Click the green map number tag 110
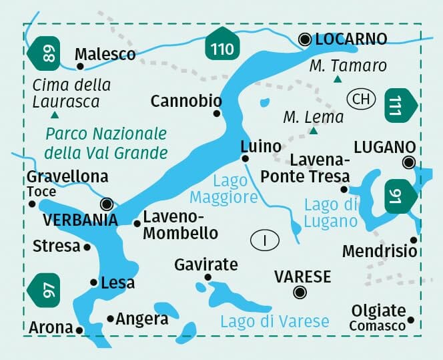(x=222, y=47)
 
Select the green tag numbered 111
(x=401, y=105)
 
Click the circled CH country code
(x=360, y=100)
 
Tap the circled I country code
(x=266, y=240)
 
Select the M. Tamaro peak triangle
(x=338, y=80)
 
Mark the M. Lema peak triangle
(x=314, y=132)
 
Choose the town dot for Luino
(x=245, y=158)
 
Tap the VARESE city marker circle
(x=300, y=291)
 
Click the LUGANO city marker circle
(x=408, y=162)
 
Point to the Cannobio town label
(x=186, y=101)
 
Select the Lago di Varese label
(x=275, y=321)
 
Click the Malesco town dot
(x=79, y=65)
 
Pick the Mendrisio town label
(x=380, y=251)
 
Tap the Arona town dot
(x=79, y=329)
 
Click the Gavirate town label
(x=205, y=264)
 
